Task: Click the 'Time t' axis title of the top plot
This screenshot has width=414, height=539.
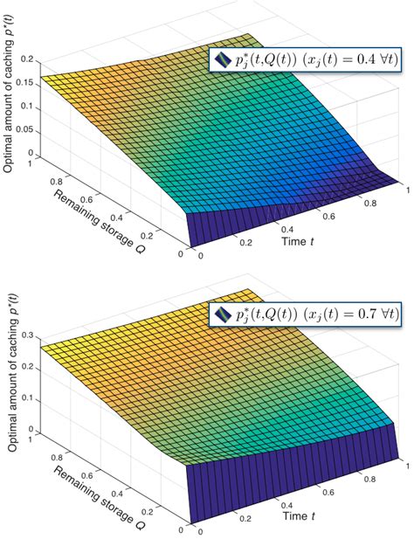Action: tap(300, 238)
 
